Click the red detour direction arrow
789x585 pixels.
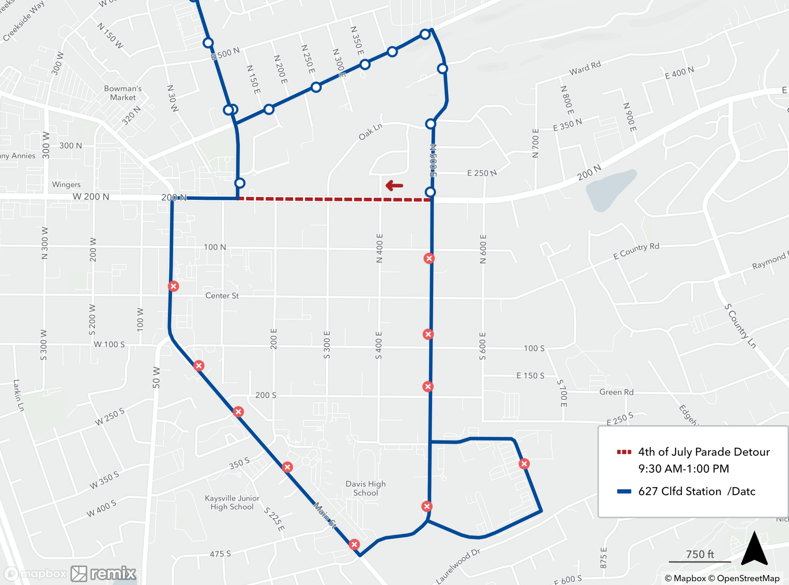point(394,185)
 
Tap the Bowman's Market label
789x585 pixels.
point(123,93)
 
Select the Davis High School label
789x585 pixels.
point(365,488)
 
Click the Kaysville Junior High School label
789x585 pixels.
point(232,503)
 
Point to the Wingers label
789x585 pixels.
point(66,185)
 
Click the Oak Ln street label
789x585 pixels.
point(370,132)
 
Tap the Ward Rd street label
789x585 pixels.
point(585,68)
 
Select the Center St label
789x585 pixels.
point(222,296)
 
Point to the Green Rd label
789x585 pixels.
point(616,392)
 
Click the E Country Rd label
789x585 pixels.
point(636,251)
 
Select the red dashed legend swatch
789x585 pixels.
point(624,452)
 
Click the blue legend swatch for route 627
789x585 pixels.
point(624,492)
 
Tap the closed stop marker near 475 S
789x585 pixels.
point(354,544)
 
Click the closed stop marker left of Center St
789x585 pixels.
point(173,286)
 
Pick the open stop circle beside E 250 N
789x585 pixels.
point(430,192)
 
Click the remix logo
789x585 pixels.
point(103,574)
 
